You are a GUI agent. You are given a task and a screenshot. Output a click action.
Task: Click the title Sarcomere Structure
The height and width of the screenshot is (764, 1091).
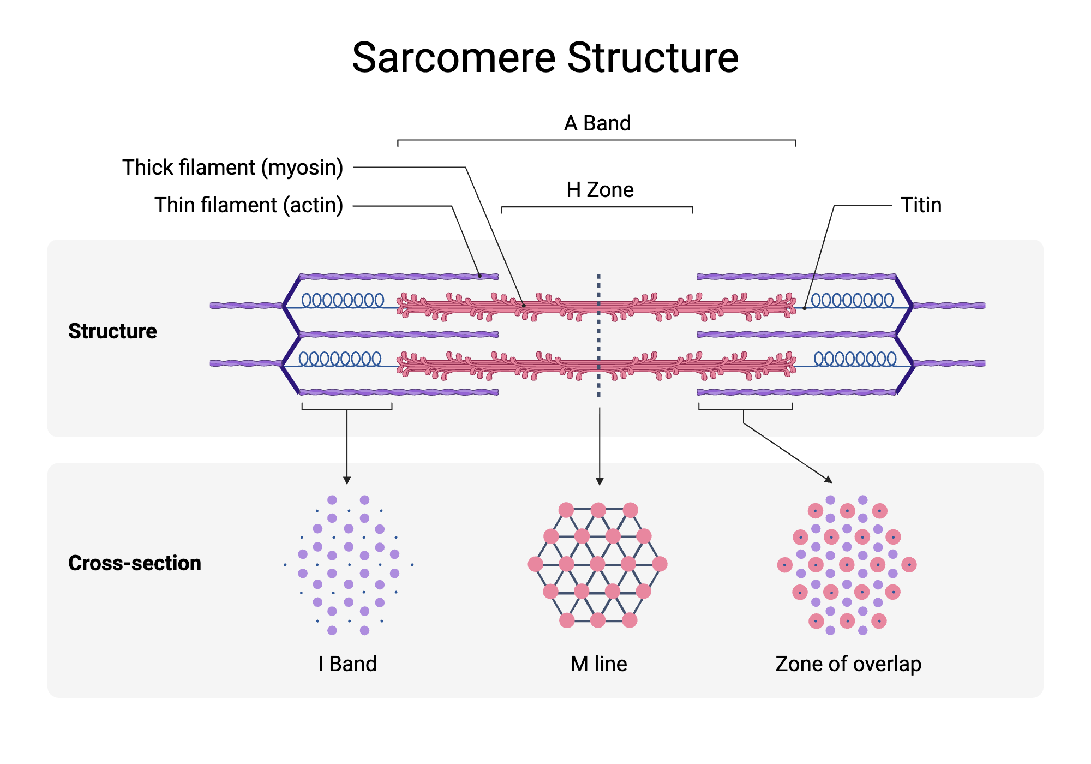(545, 58)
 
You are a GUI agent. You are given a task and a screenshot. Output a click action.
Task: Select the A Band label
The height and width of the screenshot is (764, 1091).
(597, 123)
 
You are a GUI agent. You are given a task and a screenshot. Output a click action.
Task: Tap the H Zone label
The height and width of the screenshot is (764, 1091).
(600, 190)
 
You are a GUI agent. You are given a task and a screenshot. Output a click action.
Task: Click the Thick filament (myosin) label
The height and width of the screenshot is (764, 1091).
(232, 168)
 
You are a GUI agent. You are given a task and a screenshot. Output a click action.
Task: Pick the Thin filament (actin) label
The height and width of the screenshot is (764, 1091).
(248, 205)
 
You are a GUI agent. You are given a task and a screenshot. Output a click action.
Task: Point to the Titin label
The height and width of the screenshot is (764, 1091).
(921, 205)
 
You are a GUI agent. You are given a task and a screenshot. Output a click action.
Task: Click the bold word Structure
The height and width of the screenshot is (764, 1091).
(112, 331)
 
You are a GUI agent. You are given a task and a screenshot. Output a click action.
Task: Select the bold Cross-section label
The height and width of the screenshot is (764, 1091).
(135, 563)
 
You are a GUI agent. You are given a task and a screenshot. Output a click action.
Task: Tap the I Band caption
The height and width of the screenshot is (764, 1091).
(347, 664)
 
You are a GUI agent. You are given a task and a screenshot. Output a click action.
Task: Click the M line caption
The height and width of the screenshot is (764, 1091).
(598, 664)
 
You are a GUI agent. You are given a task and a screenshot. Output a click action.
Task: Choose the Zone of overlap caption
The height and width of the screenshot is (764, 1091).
(848, 664)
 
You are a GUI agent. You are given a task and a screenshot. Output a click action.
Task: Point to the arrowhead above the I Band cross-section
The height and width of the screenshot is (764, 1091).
(347, 480)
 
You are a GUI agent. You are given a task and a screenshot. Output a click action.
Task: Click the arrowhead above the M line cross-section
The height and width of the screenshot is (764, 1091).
(600, 481)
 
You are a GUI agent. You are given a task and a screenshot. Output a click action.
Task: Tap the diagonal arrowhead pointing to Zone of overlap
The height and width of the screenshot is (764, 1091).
(829, 480)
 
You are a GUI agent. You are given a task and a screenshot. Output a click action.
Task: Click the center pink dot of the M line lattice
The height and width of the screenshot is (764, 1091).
(598, 564)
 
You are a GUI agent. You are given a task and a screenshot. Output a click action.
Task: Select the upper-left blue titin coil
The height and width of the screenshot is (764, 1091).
(343, 300)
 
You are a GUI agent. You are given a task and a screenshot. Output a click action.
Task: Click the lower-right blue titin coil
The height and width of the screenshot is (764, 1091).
(855, 359)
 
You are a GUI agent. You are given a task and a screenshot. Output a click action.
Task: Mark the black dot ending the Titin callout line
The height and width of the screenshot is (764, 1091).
(804, 308)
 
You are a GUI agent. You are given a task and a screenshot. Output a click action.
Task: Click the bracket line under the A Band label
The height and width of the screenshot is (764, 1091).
(596, 140)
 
